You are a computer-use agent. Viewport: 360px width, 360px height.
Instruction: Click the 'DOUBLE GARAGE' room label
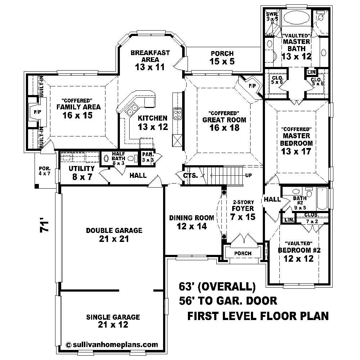[x=114, y=230]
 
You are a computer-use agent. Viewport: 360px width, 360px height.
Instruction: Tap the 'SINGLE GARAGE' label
[x=113, y=317]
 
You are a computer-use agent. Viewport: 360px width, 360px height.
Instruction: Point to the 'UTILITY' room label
[x=82, y=168]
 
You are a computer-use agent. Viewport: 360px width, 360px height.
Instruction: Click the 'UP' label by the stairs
[x=248, y=175]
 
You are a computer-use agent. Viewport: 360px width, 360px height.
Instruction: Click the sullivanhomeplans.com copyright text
[x=112, y=344]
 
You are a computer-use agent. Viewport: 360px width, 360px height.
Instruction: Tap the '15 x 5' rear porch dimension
[x=222, y=62]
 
